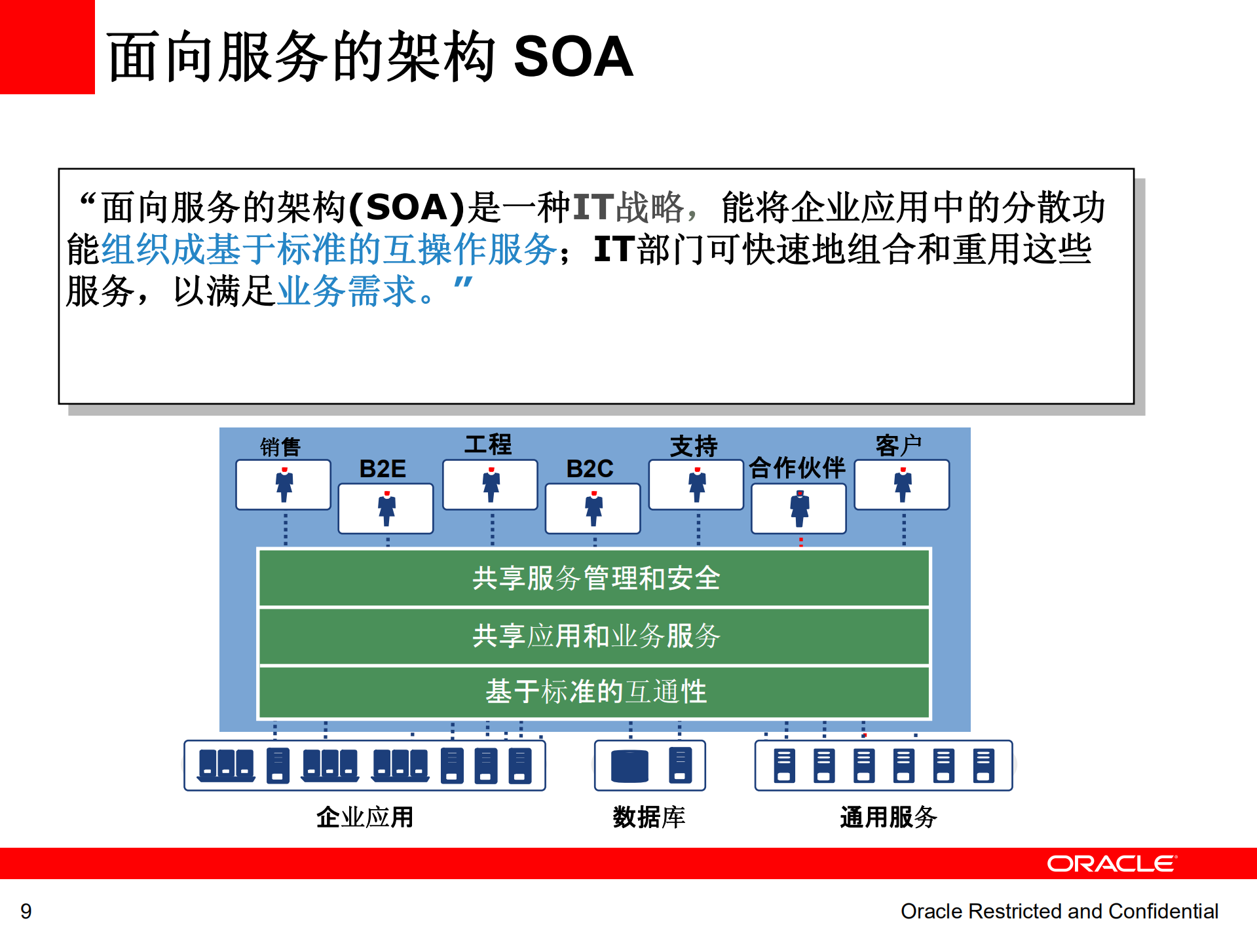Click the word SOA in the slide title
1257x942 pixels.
tap(572, 57)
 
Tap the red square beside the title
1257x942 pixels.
tap(47, 46)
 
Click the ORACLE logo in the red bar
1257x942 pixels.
tap(1111, 863)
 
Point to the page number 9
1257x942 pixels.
tap(26, 911)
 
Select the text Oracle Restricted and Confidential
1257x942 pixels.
tap(1059, 911)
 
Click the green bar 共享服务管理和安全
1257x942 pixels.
tap(594, 578)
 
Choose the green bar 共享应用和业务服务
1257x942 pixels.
tap(594, 636)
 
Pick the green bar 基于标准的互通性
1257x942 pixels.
tap(594, 692)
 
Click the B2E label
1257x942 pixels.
tap(383, 469)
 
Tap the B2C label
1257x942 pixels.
tap(590, 469)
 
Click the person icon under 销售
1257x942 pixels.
tap(284, 485)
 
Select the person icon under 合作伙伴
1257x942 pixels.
tap(799, 509)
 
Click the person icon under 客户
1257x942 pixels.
tap(903, 485)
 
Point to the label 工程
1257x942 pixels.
tap(488, 444)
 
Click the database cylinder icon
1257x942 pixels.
tap(629, 766)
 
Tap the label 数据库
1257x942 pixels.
tap(648, 817)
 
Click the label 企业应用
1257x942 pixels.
tap(365, 817)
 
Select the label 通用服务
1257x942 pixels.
tap(888, 817)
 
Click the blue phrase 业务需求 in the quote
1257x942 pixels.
tap(347, 291)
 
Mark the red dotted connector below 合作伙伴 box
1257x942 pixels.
tap(800, 541)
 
